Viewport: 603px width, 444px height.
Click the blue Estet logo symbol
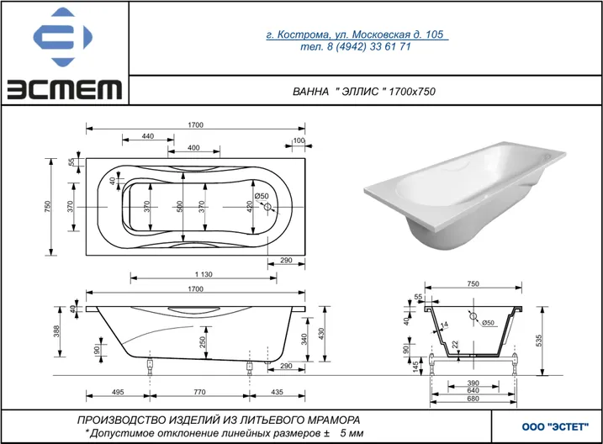[x=63, y=37]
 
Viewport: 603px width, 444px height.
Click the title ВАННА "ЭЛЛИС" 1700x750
[x=364, y=92]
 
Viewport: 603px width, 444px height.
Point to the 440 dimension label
[x=148, y=136]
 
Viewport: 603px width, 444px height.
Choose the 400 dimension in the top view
[x=193, y=148]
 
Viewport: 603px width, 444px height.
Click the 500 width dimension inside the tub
[x=180, y=207]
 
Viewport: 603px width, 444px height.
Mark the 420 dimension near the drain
[x=250, y=207]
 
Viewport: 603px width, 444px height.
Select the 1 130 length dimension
[x=204, y=274]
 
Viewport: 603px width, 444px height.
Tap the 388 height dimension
[x=56, y=331]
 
